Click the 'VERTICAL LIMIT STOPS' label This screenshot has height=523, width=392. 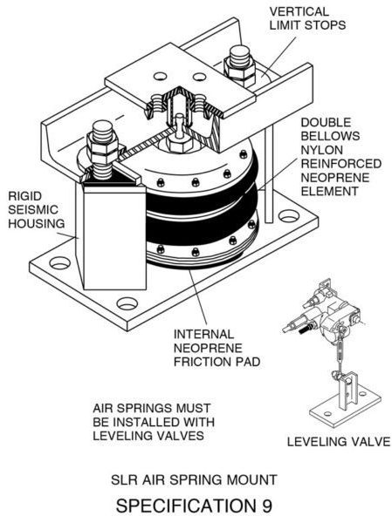pos(307,18)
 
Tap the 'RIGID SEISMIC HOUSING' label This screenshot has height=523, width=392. pos(36,210)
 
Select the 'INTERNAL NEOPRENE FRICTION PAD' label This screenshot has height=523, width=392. pos(217,348)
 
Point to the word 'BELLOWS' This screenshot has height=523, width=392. pos(330,136)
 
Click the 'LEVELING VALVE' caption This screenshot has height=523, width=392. pos(339,442)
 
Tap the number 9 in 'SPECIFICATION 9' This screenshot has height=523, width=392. pos(266,506)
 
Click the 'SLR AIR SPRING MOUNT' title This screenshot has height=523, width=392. pos(194,479)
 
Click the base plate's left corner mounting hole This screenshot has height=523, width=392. pos(60,263)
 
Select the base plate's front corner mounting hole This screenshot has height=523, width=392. pos(127,303)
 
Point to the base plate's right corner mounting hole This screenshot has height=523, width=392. pos(288,216)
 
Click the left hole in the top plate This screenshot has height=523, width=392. pos(160,77)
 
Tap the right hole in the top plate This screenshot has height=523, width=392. pos(200,77)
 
